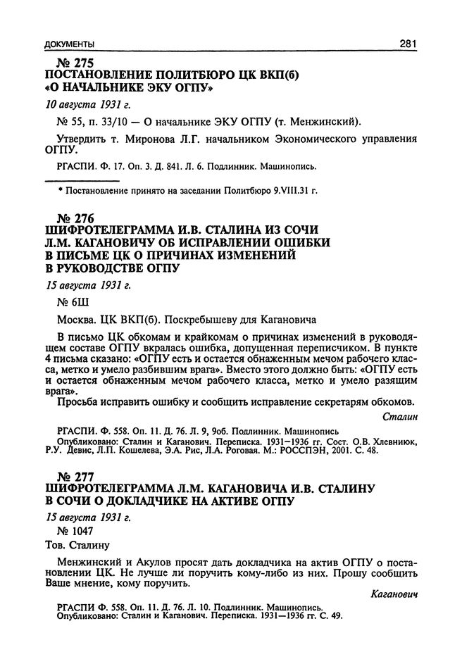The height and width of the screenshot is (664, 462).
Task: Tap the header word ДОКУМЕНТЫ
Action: coord(69,44)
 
